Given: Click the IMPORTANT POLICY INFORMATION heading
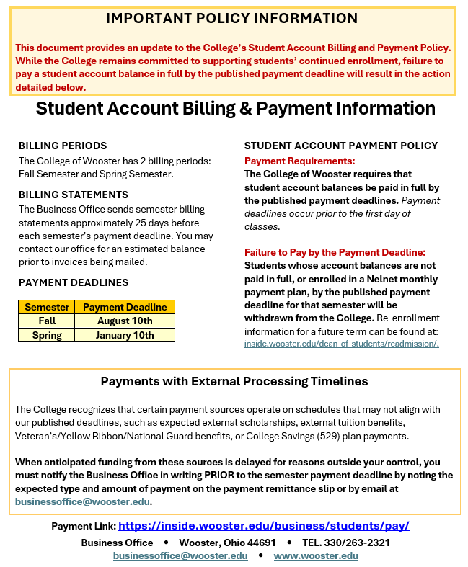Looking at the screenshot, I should [x=231, y=19].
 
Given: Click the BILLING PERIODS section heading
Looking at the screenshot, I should [x=63, y=146].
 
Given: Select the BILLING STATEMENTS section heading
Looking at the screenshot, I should [x=74, y=195].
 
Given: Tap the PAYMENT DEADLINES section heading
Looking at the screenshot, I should [x=74, y=282].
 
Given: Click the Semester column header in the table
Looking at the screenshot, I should [x=47, y=307].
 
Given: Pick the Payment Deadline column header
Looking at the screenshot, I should [x=125, y=307].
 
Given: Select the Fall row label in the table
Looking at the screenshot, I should [x=47, y=321].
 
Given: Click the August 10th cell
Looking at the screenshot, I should [x=125, y=321].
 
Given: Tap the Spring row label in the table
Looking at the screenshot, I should [x=47, y=335].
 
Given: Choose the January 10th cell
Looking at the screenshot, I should [x=125, y=335].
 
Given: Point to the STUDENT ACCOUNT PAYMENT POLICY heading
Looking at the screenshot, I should [x=341, y=146].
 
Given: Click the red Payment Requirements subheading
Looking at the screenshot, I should [x=300, y=161].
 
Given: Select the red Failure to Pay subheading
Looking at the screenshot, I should [x=335, y=252].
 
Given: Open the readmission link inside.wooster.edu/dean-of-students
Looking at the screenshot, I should [x=342, y=344].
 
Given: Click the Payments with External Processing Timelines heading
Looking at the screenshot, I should [x=234, y=381].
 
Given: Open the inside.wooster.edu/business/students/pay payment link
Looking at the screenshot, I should [x=264, y=526].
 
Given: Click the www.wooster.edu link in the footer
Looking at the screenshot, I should [x=316, y=556].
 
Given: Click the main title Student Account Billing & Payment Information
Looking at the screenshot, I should [x=236, y=108].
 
